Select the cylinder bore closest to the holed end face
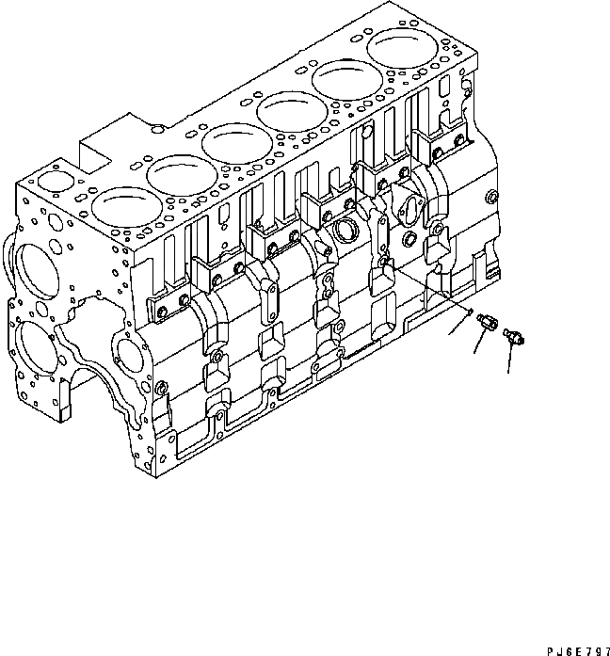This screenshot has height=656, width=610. pos(120,209)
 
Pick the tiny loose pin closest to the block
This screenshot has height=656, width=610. pos(469,312)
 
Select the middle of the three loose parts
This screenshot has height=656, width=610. pos(487,323)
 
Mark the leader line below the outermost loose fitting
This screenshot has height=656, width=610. pos(510,358)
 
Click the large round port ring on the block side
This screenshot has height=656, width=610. pos(345,229)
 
